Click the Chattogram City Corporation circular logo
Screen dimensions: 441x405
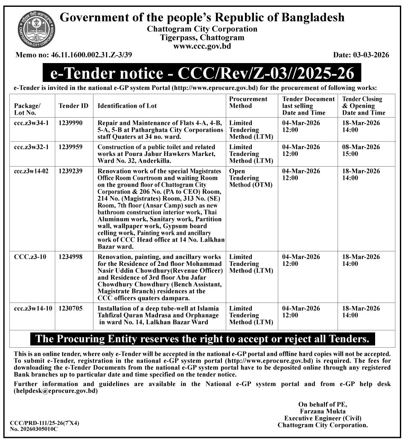[x=36, y=29]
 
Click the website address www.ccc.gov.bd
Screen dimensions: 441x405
[x=202, y=46]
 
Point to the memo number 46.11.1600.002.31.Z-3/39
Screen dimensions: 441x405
[x=85, y=55]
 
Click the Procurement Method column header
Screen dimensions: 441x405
[x=248, y=102]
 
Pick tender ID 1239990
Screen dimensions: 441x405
[x=71, y=123]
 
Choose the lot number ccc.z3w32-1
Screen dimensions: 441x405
[x=31, y=147]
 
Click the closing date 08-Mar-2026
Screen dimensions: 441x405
[x=361, y=147]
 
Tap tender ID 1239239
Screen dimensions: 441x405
[x=71, y=171]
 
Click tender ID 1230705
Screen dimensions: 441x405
[x=71, y=308]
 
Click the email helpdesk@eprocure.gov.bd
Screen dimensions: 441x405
[x=56, y=391]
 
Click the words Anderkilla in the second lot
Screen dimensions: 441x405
[x=155, y=161]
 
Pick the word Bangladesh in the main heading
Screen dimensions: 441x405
[x=312, y=17]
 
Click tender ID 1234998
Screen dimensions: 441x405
[x=71, y=257]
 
